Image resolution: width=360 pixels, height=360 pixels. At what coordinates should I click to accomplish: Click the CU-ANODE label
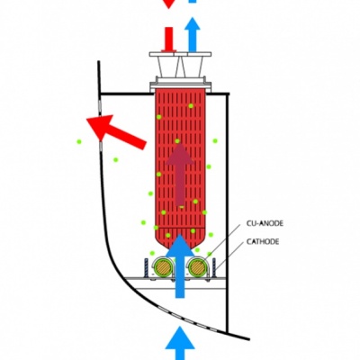coord(265,223)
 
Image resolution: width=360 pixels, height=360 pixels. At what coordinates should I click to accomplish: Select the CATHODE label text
coord(263,241)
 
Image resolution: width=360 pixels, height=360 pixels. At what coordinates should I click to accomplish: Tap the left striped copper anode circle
coord(164,267)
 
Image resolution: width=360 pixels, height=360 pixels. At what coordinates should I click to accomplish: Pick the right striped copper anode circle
coord(197,267)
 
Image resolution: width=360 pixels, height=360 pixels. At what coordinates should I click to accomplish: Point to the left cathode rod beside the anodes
coord(147,268)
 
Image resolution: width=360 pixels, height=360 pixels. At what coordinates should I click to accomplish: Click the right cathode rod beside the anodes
coord(214,268)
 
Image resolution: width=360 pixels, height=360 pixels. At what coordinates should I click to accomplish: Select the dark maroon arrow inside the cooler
coord(180,175)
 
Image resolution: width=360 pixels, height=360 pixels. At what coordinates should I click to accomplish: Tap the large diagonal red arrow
coord(116,131)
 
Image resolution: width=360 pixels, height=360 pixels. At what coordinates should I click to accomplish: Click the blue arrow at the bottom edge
coord(180,343)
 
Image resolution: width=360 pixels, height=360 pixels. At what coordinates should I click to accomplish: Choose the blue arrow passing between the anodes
coord(180,266)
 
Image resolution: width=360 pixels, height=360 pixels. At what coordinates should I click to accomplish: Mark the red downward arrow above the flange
coord(169,40)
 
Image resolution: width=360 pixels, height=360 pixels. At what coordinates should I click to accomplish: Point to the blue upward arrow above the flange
coord(193,34)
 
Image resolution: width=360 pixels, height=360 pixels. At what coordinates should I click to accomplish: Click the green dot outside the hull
coord(79,141)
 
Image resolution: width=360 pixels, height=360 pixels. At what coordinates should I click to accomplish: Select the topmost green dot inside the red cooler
coord(191,106)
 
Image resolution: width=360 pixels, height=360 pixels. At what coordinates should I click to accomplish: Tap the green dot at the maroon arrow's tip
coord(177,141)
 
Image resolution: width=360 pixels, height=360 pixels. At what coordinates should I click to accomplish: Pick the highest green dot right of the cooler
coord(215,140)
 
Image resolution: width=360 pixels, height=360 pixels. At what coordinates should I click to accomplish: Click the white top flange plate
coord(180,54)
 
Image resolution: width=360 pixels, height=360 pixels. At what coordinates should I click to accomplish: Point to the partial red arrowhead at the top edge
coord(169,4)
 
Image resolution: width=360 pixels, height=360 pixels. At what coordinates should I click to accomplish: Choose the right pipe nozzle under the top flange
coord(192,67)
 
